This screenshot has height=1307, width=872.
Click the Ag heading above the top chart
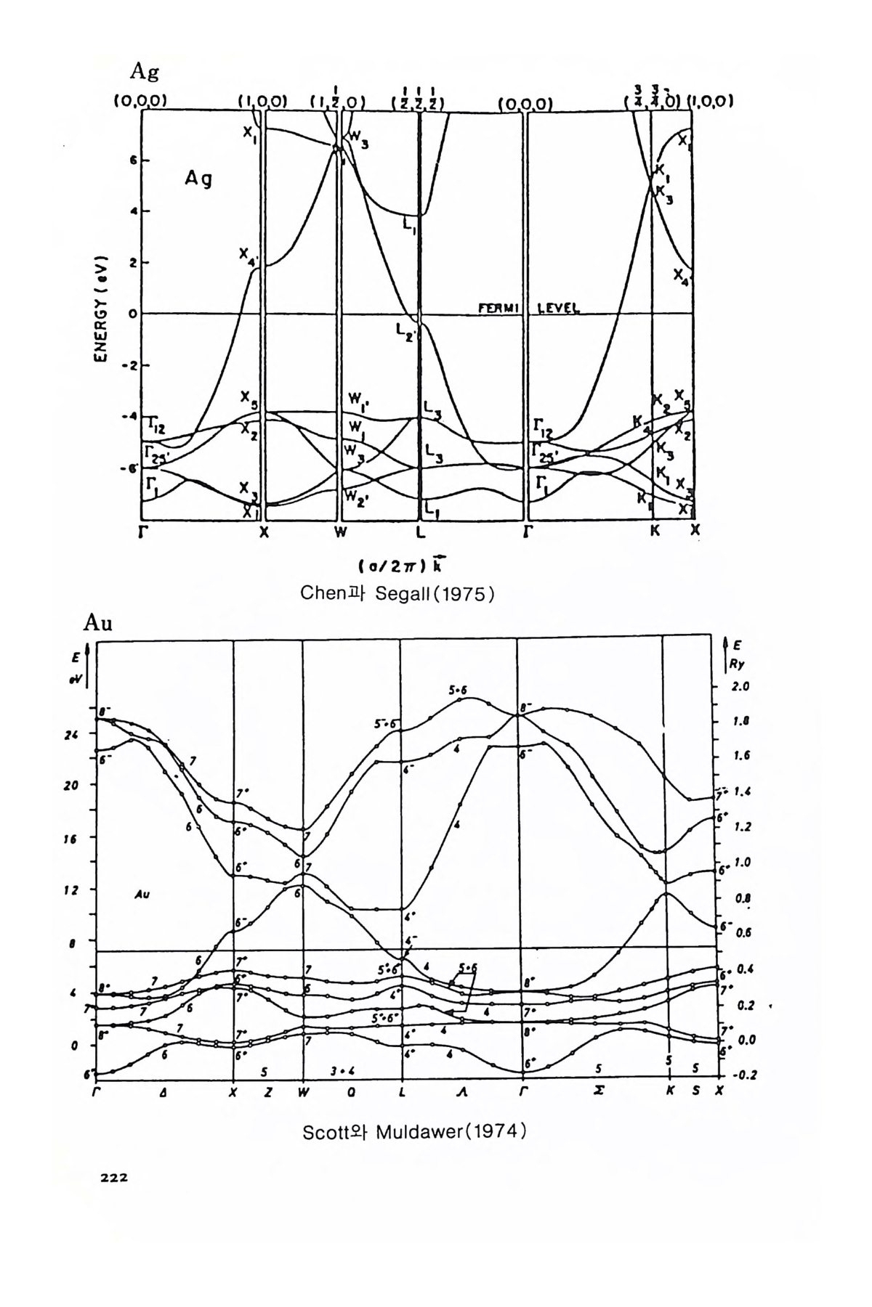(144, 71)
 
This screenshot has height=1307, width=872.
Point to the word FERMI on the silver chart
(496, 308)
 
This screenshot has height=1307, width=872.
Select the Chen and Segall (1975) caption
(397, 593)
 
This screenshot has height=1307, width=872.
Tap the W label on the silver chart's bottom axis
(339, 532)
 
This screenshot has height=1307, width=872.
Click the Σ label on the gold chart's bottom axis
(597, 1091)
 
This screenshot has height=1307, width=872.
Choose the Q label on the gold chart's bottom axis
(351, 1091)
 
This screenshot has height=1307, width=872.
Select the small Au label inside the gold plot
(142, 895)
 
